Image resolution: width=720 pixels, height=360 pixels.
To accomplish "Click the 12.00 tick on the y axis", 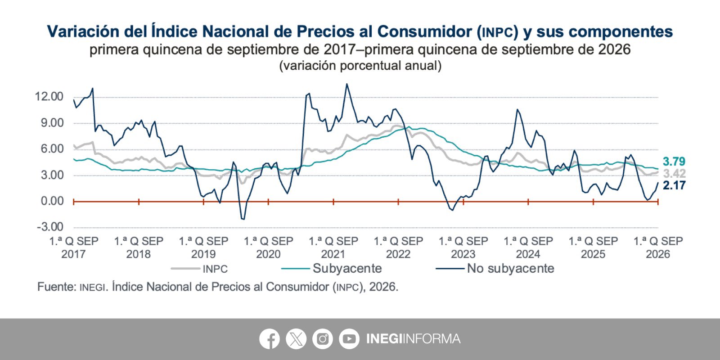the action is coord(49,96).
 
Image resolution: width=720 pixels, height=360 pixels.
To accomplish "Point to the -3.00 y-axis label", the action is coord(50,227).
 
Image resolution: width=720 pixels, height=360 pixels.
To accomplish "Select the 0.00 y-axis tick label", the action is coord(52,201).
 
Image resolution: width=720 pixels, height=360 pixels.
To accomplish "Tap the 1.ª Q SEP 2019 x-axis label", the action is coord(203,247).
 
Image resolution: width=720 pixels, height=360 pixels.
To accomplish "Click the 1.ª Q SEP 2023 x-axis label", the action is coord(463,247).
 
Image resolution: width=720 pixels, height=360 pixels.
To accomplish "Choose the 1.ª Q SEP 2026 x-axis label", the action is coord(658,247).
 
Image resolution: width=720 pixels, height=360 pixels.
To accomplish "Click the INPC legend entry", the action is coord(199,269).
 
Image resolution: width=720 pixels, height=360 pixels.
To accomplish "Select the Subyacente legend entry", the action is coord(331,268).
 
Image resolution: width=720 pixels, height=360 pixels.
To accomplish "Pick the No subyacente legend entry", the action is coord(495,268).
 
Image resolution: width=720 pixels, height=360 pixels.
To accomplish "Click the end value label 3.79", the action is coord(674,162).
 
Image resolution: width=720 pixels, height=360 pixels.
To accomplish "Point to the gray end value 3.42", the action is coord(675,174).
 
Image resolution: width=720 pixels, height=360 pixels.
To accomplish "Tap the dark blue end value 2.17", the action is coord(674,185).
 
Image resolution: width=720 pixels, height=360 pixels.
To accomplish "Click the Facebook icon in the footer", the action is coord(270,339).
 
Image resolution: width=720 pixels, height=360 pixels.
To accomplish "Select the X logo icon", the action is coord(296,339).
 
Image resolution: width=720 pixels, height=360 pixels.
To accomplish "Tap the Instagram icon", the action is coord(322,339).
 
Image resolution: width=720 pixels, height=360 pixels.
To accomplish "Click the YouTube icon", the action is coord(349,339).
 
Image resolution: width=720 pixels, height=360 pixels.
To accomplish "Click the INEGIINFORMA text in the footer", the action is coord(414,339).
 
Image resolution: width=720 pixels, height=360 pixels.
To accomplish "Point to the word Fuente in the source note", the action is coord(57,287).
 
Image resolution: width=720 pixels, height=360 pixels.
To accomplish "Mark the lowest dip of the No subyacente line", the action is coord(243,220).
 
